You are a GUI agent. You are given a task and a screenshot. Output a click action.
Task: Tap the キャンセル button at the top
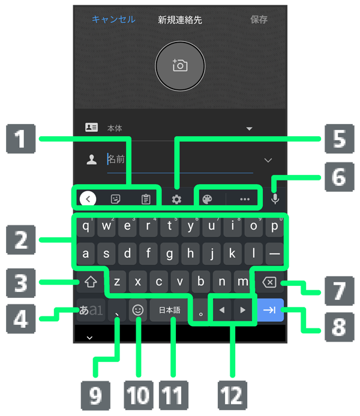113,19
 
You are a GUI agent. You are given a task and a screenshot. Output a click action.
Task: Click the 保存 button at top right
259,19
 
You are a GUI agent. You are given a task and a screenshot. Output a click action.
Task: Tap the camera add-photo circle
180,66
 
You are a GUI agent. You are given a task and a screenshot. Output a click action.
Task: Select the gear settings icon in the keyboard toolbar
176,200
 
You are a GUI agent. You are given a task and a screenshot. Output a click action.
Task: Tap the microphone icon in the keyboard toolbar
275,199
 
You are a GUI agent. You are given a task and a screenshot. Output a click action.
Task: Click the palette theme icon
207,200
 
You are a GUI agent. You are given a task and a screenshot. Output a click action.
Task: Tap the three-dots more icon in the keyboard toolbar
244,200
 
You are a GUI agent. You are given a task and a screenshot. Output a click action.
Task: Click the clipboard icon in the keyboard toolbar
145,200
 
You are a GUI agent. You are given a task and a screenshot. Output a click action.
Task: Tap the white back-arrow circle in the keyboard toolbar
88,199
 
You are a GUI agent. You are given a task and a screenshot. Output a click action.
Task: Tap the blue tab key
269,310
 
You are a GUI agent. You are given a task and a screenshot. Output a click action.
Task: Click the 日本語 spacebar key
169,310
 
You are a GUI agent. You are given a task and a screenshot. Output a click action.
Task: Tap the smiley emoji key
138,310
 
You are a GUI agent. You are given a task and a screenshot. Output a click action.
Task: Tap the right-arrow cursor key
242,310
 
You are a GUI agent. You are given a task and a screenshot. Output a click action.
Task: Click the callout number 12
232,396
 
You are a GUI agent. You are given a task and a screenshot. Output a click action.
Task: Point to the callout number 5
340,139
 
